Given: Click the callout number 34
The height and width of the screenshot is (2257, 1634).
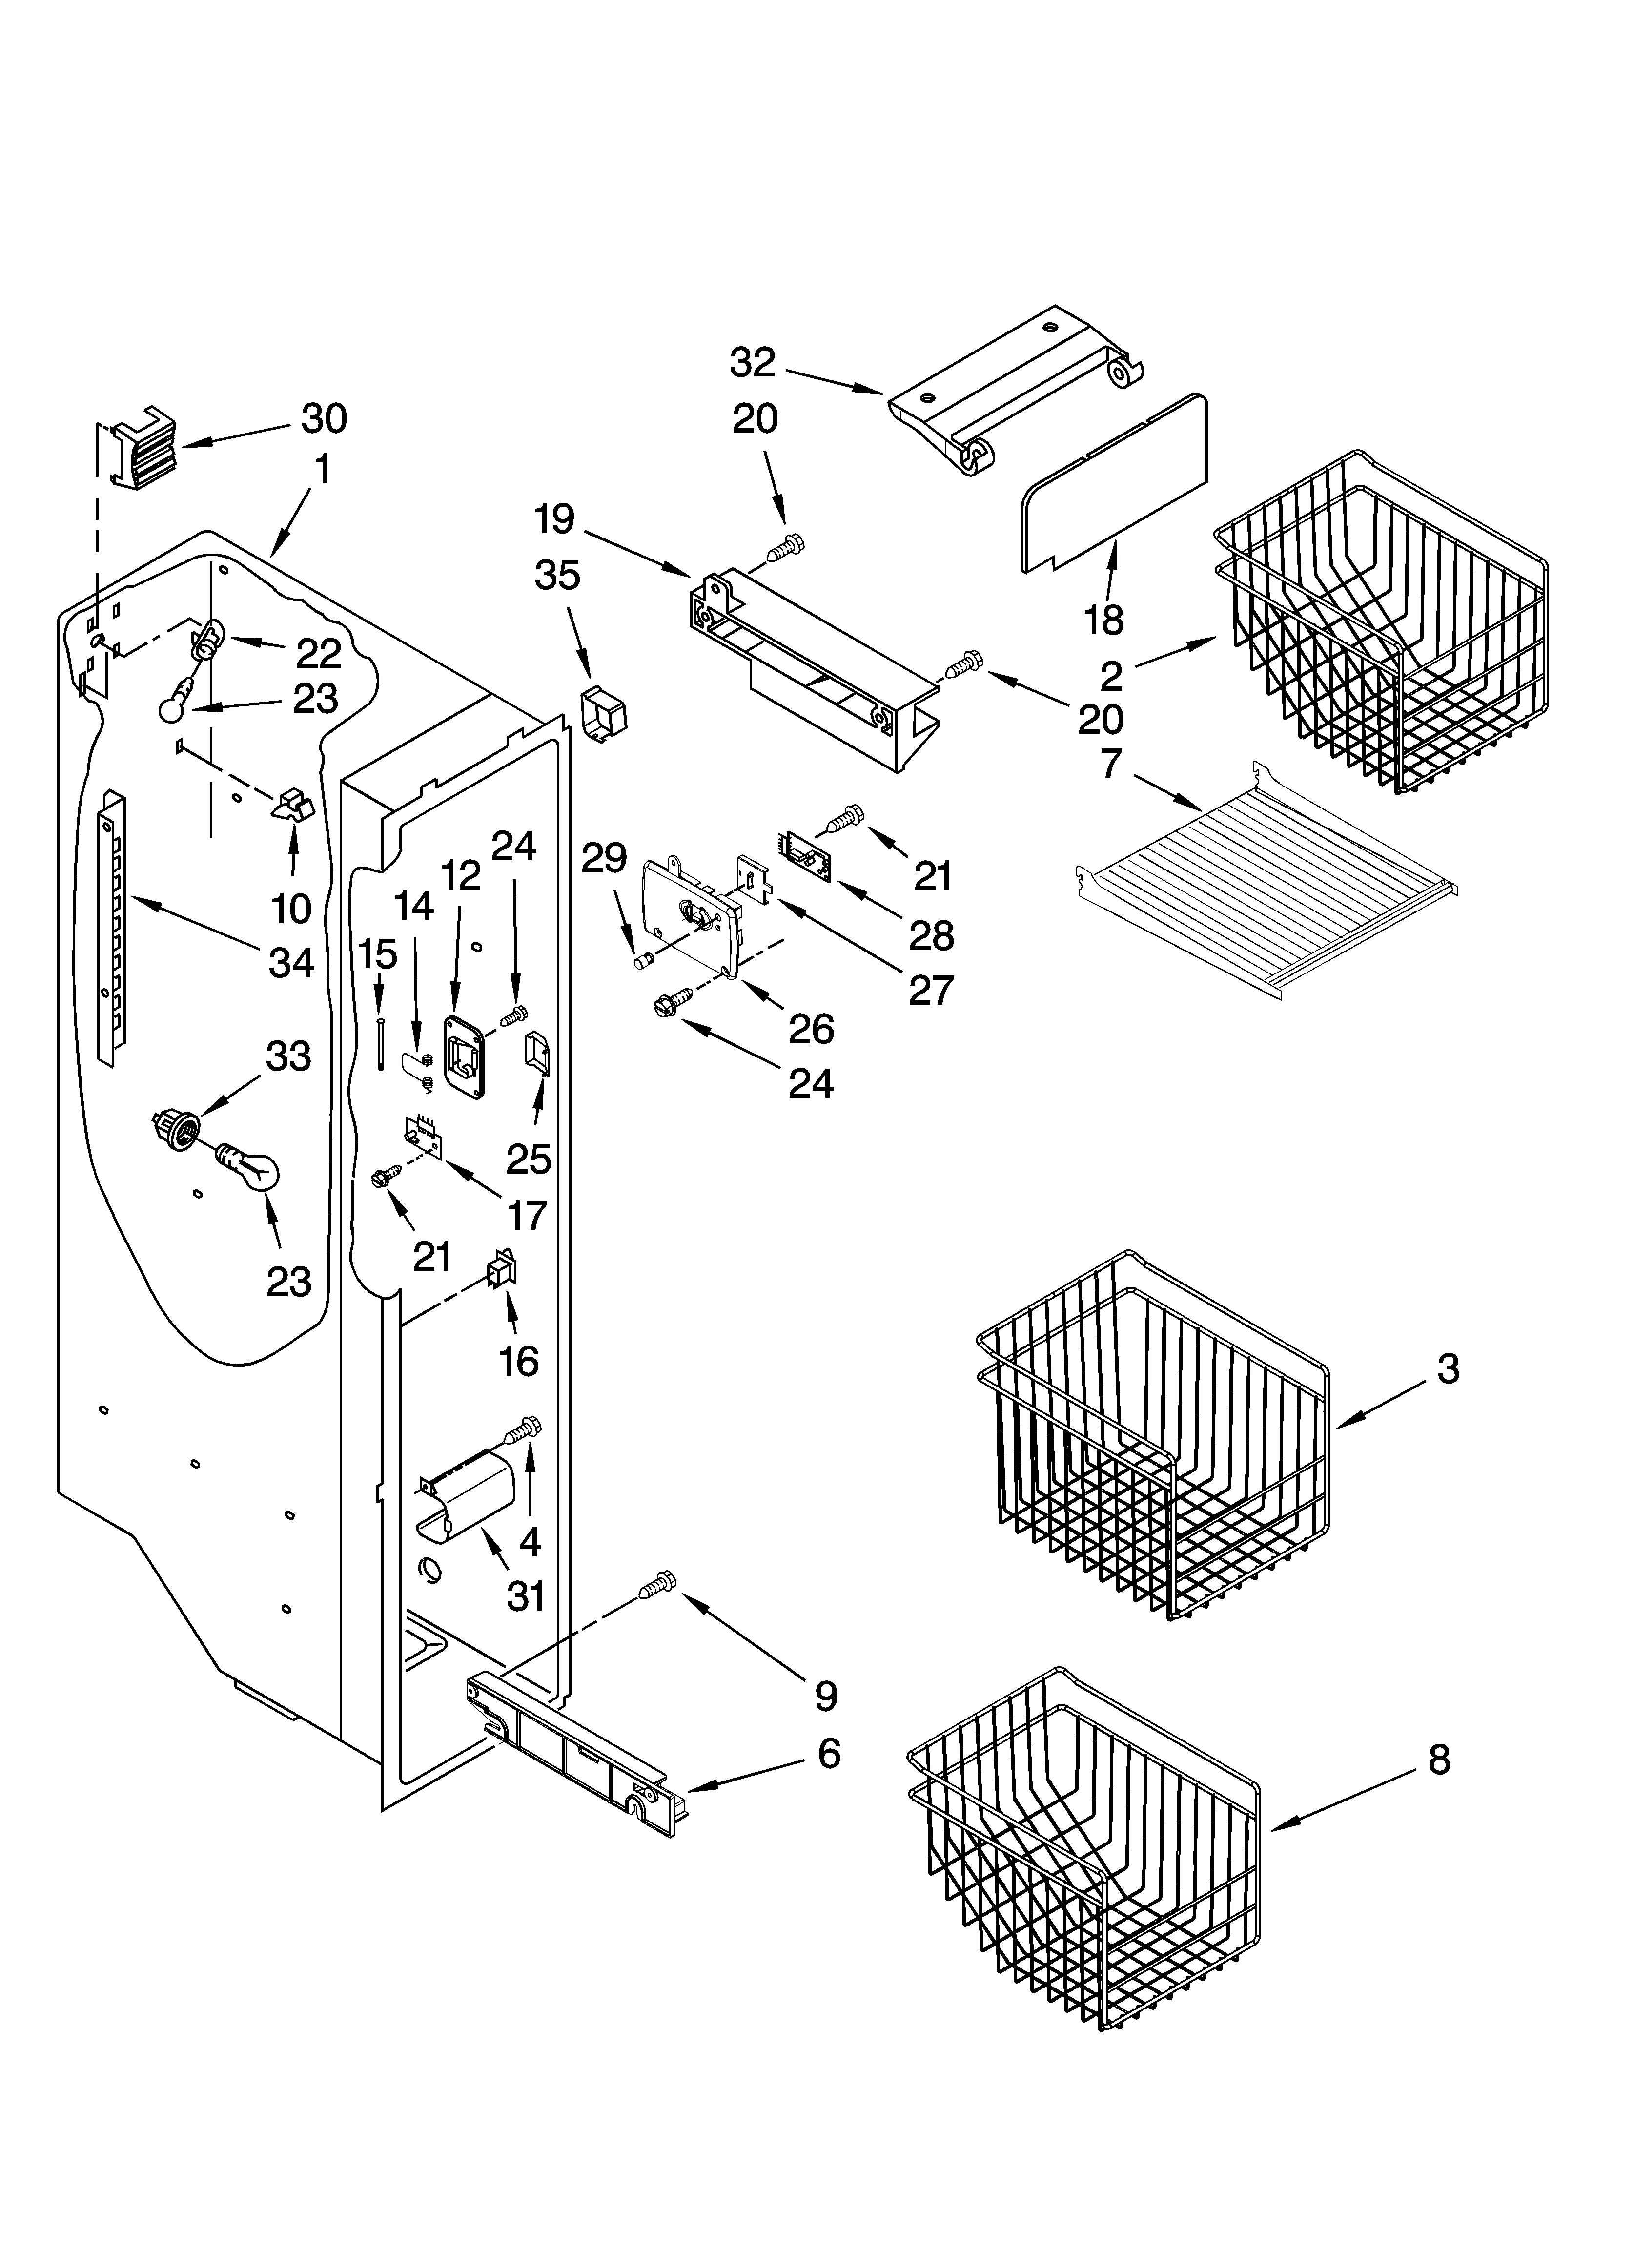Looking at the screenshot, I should click(x=291, y=962).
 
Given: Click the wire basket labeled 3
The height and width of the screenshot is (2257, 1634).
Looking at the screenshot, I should click(x=1154, y=1433).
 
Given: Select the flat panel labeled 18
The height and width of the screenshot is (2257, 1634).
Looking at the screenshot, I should click(x=1115, y=483).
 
